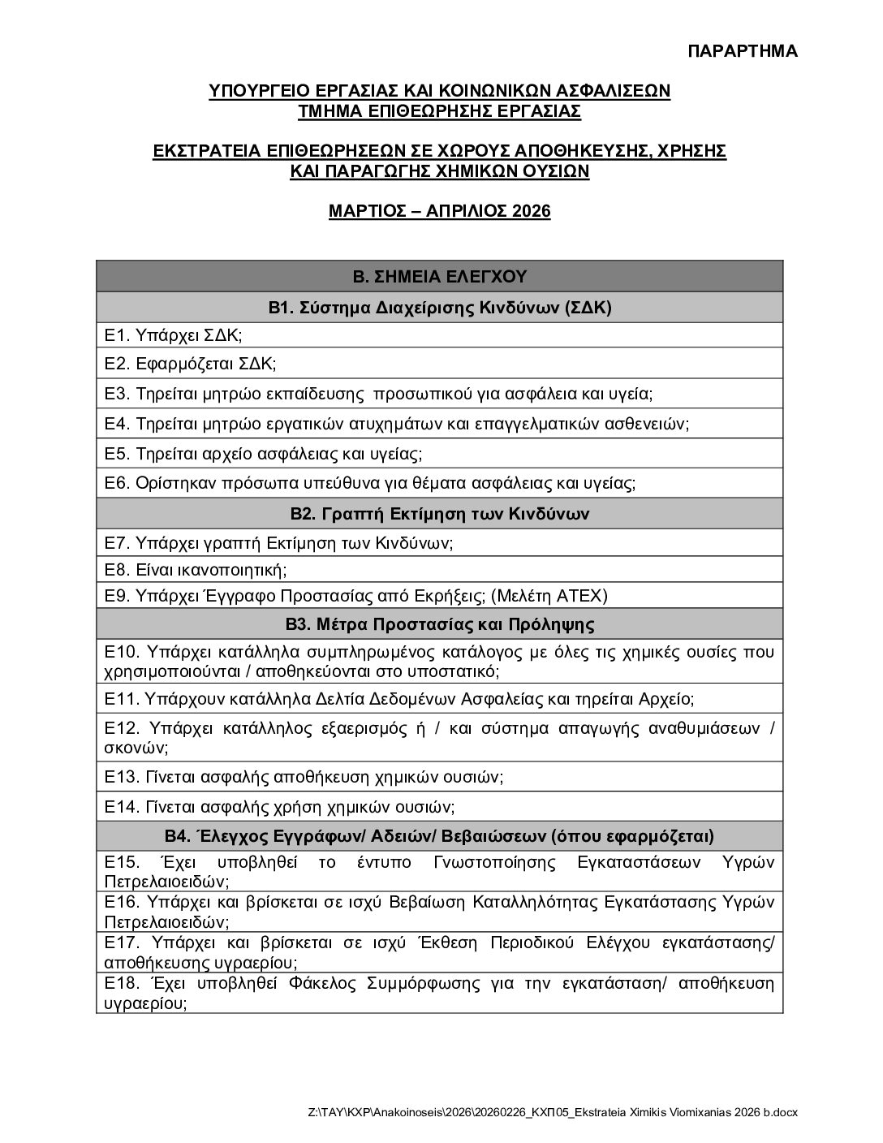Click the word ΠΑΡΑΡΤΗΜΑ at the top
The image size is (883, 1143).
tap(743, 51)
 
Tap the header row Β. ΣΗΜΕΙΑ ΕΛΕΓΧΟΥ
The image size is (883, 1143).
tap(439, 276)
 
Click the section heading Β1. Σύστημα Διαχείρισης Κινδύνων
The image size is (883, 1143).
tap(439, 308)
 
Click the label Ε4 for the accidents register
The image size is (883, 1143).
tap(118, 424)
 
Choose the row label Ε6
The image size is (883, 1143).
tap(118, 483)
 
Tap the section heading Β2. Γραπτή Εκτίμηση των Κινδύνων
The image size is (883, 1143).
tap(439, 514)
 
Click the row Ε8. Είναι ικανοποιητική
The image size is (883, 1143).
tap(196, 570)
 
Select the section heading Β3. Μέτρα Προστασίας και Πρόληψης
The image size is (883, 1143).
tap(439, 624)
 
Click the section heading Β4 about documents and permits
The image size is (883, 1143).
tap(439, 836)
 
